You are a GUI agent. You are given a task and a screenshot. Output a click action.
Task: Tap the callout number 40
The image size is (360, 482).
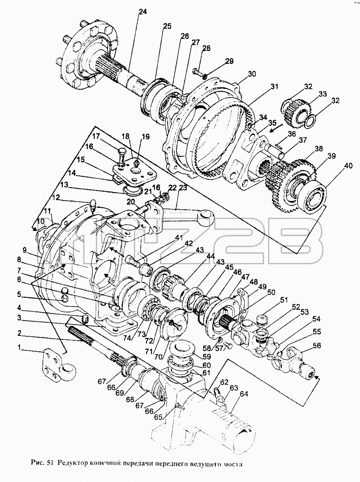tap(348, 166)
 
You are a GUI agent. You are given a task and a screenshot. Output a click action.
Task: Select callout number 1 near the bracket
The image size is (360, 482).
tap(20, 347)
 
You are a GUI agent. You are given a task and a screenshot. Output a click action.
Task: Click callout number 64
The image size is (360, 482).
tap(244, 394)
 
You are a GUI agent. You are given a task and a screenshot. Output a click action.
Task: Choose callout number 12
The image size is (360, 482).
tap(56, 198)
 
